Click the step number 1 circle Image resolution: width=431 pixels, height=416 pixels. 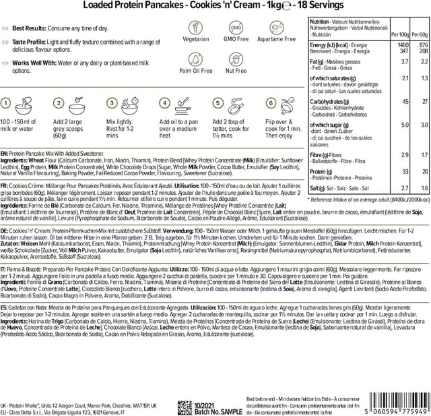click(x=6, y=103)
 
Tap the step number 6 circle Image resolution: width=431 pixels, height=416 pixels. click(x=271, y=103)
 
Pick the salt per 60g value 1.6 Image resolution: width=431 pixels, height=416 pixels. click(x=422, y=189)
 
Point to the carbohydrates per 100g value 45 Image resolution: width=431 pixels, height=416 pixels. click(x=405, y=101)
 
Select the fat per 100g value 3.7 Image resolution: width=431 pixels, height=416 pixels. click(x=404, y=61)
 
